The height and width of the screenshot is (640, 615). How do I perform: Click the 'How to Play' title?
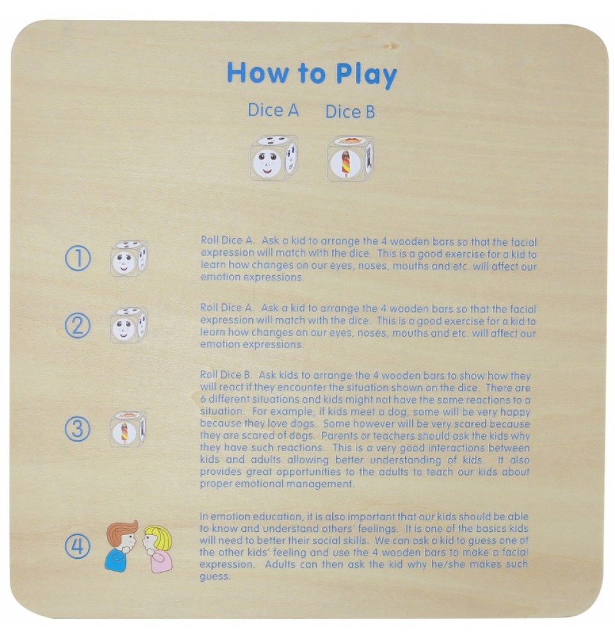(312, 74)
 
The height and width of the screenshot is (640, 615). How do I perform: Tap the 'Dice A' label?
(273, 110)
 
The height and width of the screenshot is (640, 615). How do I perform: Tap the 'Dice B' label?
(350, 112)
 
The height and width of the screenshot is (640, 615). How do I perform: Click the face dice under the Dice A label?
(273, 158)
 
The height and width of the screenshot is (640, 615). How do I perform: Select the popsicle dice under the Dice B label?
(350, 158)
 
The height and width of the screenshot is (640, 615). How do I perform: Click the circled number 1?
(78, 259)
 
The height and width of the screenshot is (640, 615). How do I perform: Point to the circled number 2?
(78, 325)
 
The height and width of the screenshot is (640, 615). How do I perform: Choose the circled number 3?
(77, 429)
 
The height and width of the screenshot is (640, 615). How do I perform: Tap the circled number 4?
(77, 546)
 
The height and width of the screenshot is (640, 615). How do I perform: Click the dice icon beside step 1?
(129, 259)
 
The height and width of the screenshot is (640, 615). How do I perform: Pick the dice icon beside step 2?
(129, 325)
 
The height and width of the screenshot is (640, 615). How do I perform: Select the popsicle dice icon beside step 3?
(128, 429)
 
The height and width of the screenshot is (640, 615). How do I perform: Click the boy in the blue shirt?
(121, 546)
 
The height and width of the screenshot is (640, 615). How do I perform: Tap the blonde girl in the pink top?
(157, 549)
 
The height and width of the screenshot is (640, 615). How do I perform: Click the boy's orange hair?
(122, 530)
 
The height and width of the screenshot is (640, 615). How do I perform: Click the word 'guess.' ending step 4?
(215, 577)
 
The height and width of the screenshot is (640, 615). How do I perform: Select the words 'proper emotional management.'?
(277, 484)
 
